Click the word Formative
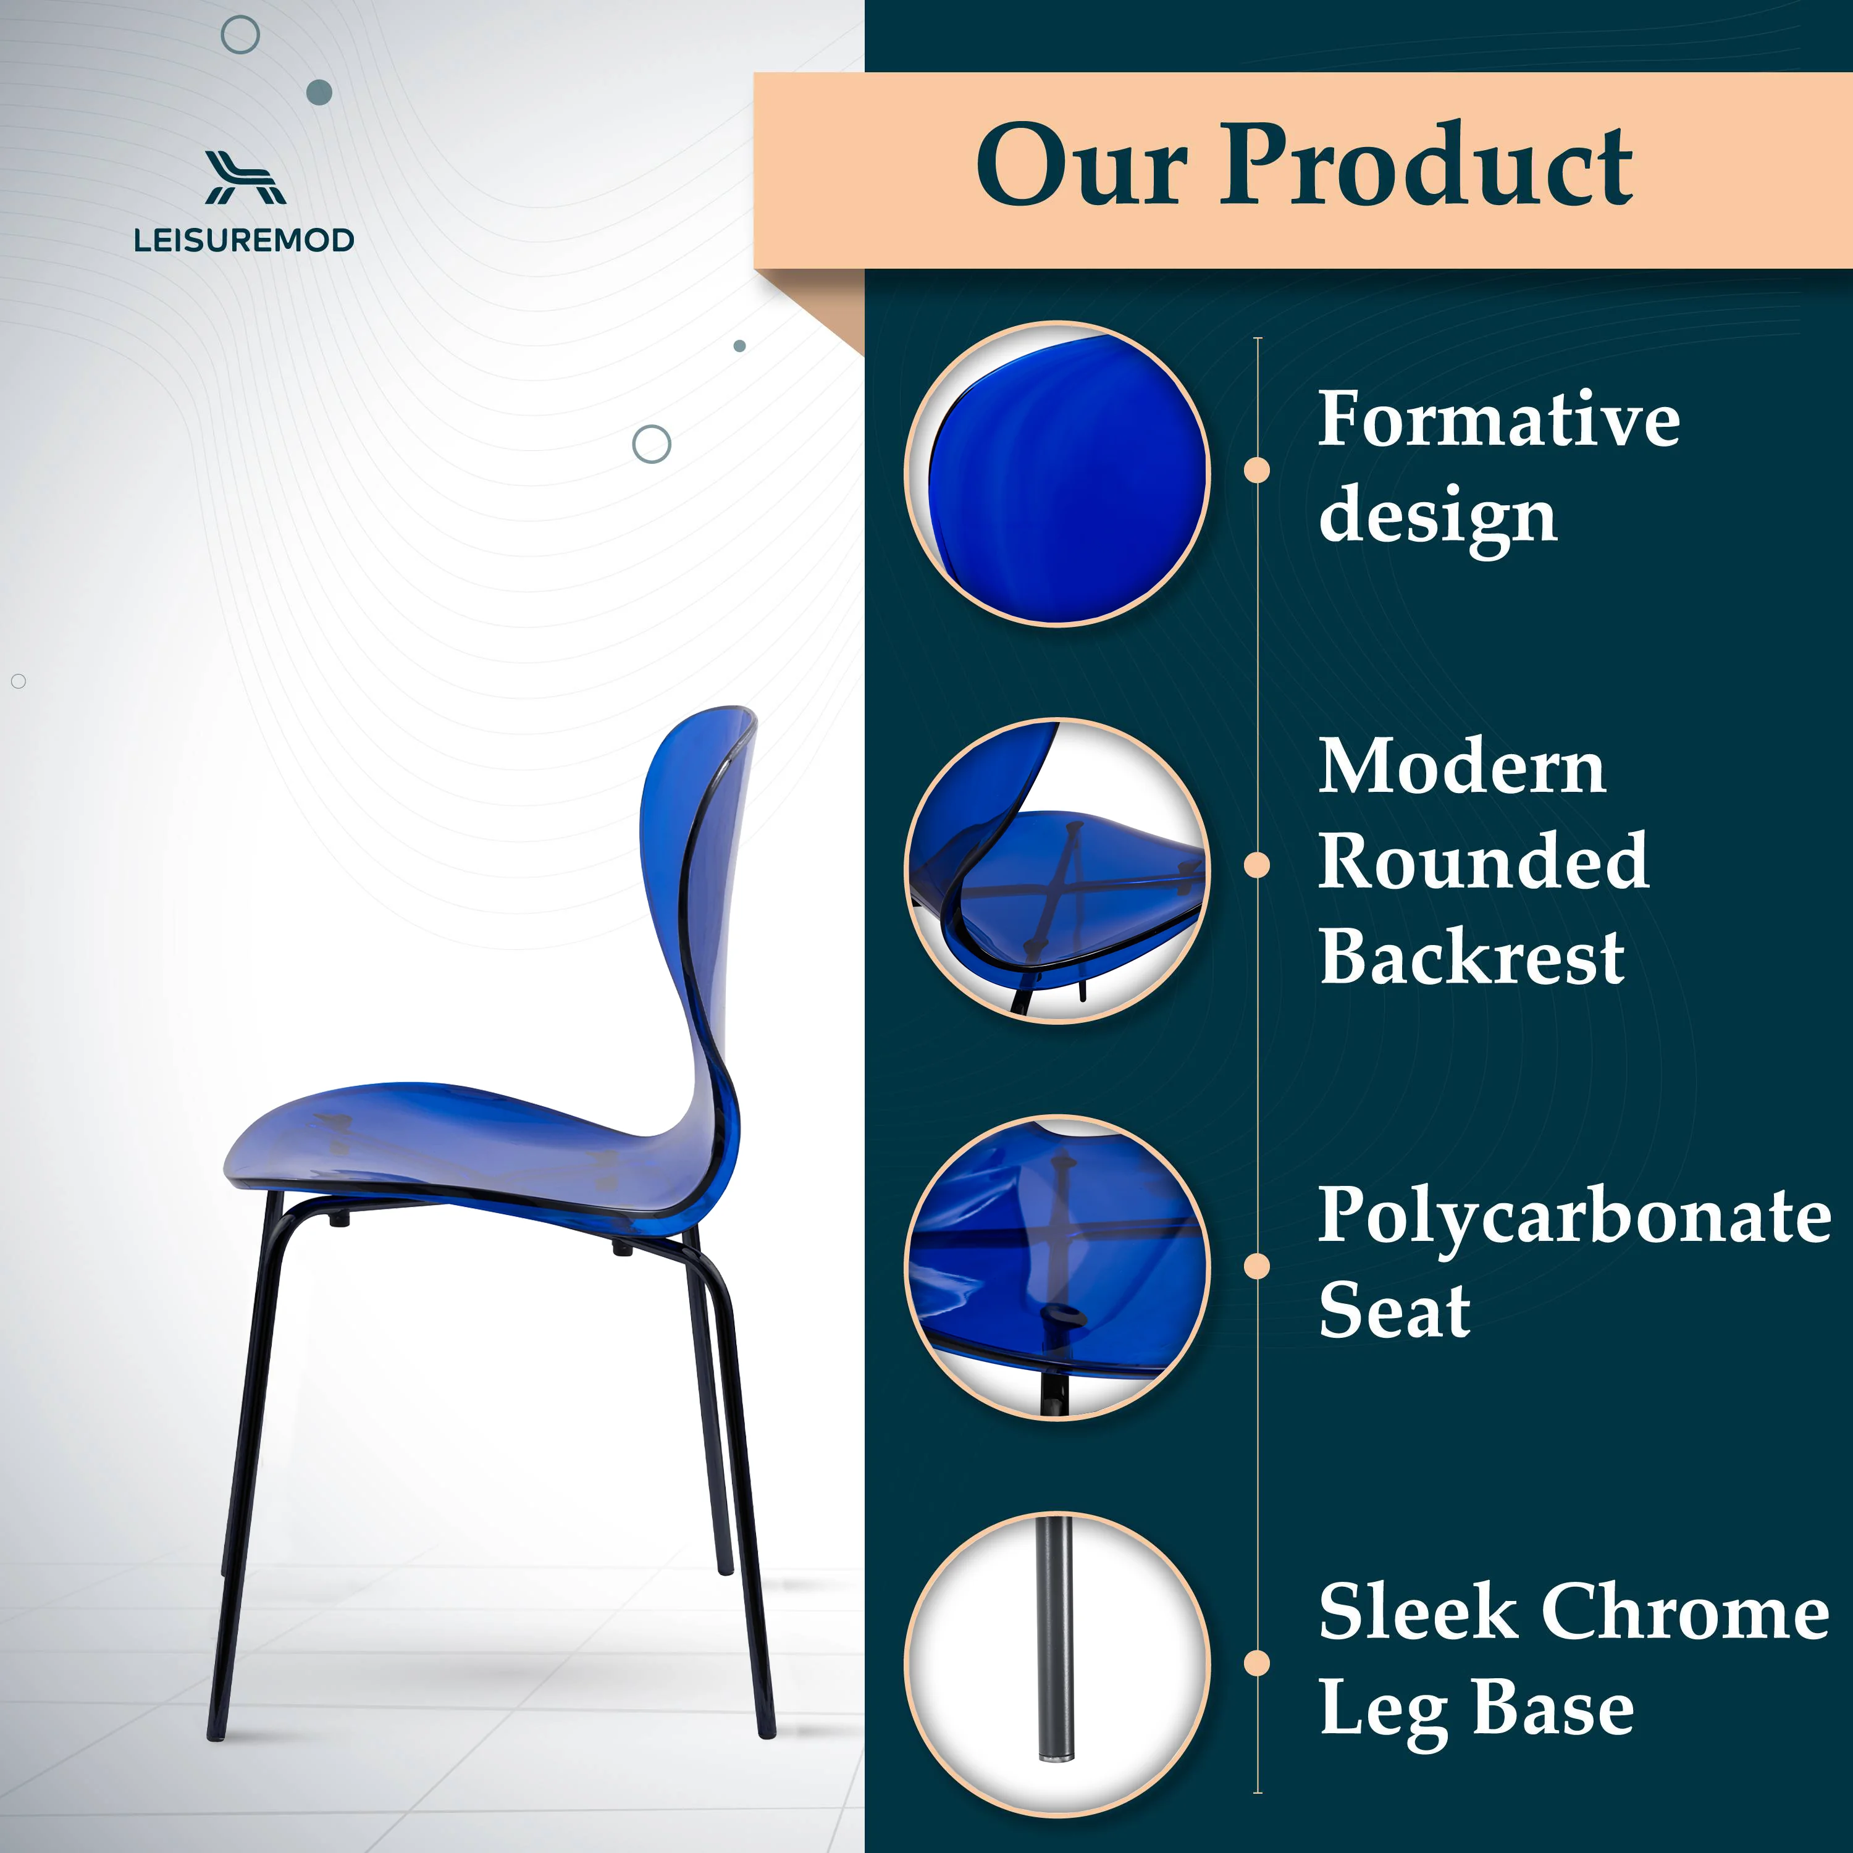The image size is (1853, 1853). point(1498,419)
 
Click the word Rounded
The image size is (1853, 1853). point(1484,860)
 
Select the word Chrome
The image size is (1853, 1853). point(1685,1611)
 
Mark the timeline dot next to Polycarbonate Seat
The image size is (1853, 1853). point(1256,1266)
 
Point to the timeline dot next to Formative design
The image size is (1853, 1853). point(1256,470)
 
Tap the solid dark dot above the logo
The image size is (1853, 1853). point(319,92)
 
